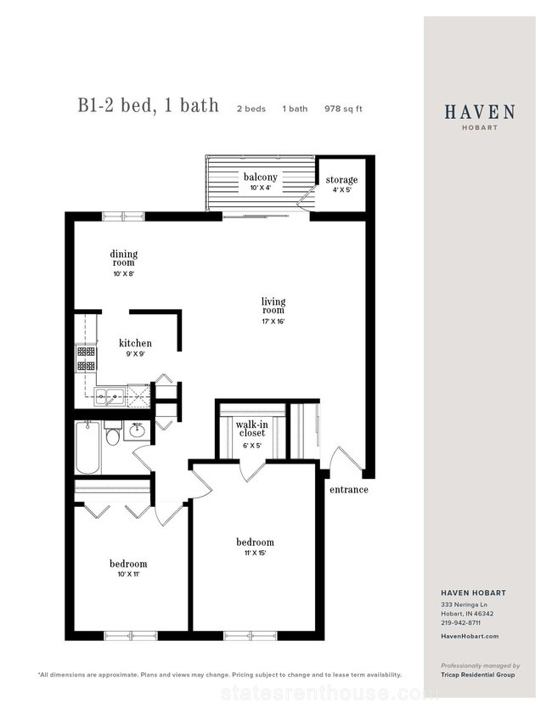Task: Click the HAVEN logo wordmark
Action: (x=480, y=112)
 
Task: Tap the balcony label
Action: (x=260, y=177)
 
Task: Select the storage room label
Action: (x=341, y=180)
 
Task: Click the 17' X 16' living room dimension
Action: (x=273, y=322)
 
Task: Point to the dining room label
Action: (x=123, y=258)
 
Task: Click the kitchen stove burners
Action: (x=86, y=358)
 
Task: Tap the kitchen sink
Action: (x=110, y=396)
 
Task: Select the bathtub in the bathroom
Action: (x=88, y=447)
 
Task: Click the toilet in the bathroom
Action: (x=112, y=434)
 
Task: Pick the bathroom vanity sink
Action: (x=137, y=430)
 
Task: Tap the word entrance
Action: (x=349, y=490)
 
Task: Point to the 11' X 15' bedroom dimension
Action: (x=255, y=554)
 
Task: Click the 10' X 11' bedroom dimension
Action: (x=128, y=574)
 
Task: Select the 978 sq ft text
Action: (x=343, y=109)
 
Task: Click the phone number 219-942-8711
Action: (x=460, y=622)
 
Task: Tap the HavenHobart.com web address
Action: (x=470, y=636)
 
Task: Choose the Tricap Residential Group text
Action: (x=478, y=674)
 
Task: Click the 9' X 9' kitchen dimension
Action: (x=135, y=354)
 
